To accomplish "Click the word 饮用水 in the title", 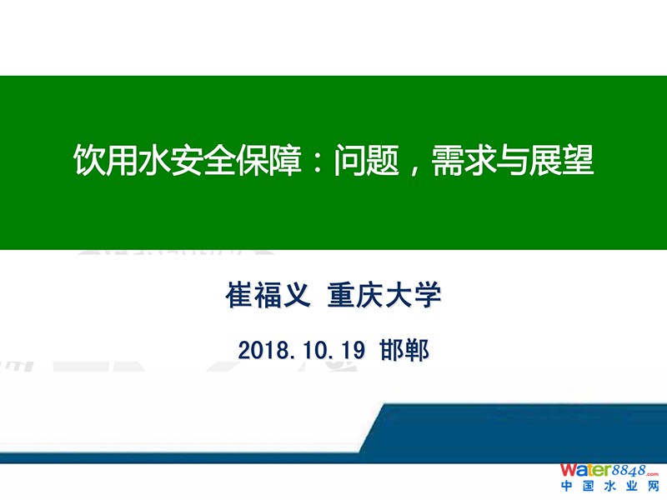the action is (122, 160).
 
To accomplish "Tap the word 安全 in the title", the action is (203, 160).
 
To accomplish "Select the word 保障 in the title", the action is (268, 160).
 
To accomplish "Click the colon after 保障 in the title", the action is (317, 162).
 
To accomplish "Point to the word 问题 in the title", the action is (366, 160).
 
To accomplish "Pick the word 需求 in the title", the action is (464, 160).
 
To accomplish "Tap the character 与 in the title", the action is (512, 160).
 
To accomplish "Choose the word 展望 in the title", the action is (561, 160).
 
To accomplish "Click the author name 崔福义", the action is (268, 295).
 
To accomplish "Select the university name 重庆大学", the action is (384, 295).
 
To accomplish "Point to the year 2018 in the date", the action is (263, 350).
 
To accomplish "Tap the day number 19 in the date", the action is (352, 350).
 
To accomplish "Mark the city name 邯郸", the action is (404, 350).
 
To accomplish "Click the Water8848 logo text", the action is (609, 471).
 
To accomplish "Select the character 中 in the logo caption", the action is (567, 486).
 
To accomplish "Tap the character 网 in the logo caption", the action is (653, 486).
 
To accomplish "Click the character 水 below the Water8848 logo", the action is (609, 486).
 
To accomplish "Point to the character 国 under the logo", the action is (589, 486).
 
